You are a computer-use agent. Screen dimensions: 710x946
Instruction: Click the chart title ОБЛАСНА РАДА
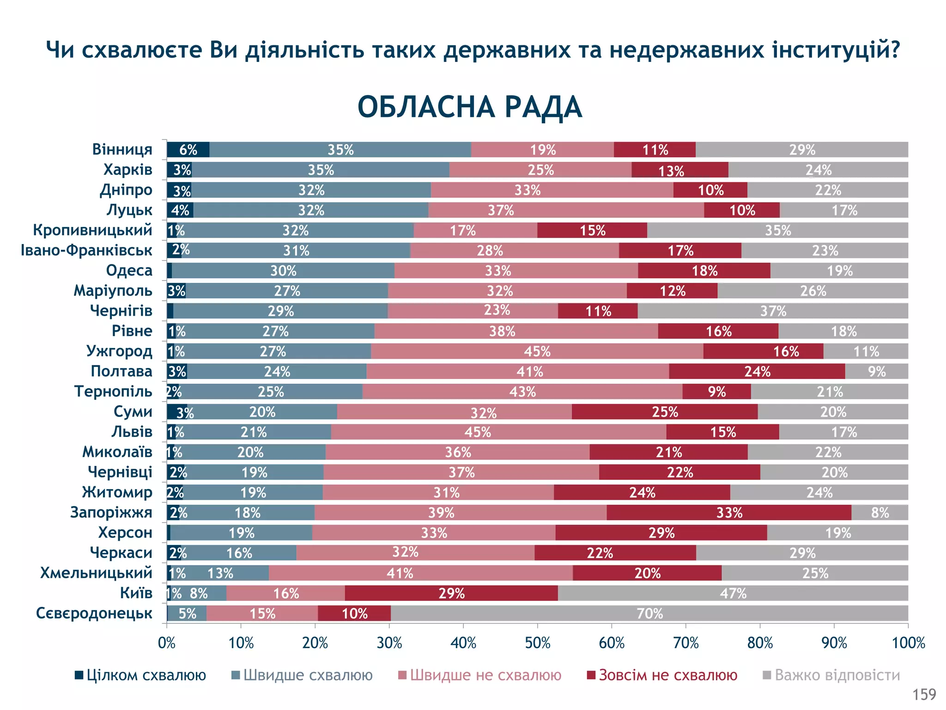point(469,107)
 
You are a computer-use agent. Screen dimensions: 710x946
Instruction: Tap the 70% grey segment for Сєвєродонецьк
point(649,613)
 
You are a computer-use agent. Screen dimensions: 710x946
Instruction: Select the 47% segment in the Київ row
point(733,593)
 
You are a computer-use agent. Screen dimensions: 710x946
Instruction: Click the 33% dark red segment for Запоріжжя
point(729,513)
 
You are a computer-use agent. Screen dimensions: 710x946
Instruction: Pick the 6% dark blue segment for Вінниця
point(188,150)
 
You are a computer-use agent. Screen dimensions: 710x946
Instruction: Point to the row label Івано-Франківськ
point(86,250)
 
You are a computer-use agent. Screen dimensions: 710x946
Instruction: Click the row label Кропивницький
point(92,230)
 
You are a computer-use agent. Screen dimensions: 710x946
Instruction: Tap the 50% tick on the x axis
point(537,643)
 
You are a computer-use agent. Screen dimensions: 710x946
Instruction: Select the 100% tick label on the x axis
point(908,643)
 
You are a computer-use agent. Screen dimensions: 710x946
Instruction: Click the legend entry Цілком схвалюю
point(141,675)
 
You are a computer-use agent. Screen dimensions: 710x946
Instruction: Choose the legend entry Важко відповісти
point(831,675)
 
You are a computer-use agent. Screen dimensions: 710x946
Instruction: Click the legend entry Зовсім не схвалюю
point(662,675)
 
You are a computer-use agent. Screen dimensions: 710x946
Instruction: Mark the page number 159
point(924,694)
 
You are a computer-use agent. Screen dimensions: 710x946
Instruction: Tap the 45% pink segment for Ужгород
point(537,351)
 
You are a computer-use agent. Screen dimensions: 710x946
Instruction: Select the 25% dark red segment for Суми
point(665,411)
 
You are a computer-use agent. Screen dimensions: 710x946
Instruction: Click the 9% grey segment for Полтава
point(876,371)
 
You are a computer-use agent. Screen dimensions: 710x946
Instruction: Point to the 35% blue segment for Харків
point(321,170)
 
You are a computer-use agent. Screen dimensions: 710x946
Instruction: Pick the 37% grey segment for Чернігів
point(773,311)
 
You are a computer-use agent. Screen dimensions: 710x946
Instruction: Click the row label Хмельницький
point(96,573)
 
